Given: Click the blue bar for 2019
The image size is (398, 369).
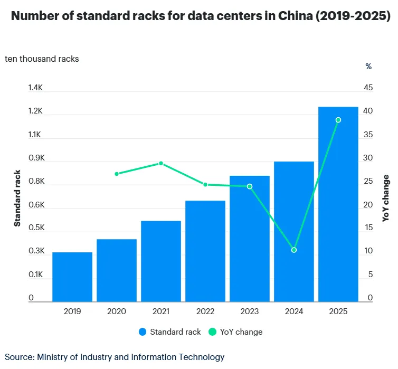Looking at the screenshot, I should point(72,277).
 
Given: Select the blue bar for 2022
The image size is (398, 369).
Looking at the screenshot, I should point(205,251).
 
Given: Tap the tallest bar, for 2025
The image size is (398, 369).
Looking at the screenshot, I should point(338,204).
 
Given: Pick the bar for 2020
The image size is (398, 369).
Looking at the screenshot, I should point(117,270).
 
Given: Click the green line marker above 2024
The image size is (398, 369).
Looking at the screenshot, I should point(294,250).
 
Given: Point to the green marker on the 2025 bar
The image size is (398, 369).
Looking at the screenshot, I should point(338,120).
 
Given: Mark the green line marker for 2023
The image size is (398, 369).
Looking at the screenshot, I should point(250,186).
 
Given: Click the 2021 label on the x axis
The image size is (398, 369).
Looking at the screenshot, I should point(161,312).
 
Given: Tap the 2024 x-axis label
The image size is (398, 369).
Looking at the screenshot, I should point(294,312).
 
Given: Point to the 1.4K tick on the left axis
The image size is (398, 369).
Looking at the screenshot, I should point(35,88).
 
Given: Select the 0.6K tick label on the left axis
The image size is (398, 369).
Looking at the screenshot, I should point(35,205).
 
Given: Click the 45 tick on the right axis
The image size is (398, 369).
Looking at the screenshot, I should point(367,88).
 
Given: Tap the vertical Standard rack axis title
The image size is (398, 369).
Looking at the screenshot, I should point(17,198).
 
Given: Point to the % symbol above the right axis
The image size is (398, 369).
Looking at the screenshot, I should point(368,67).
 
